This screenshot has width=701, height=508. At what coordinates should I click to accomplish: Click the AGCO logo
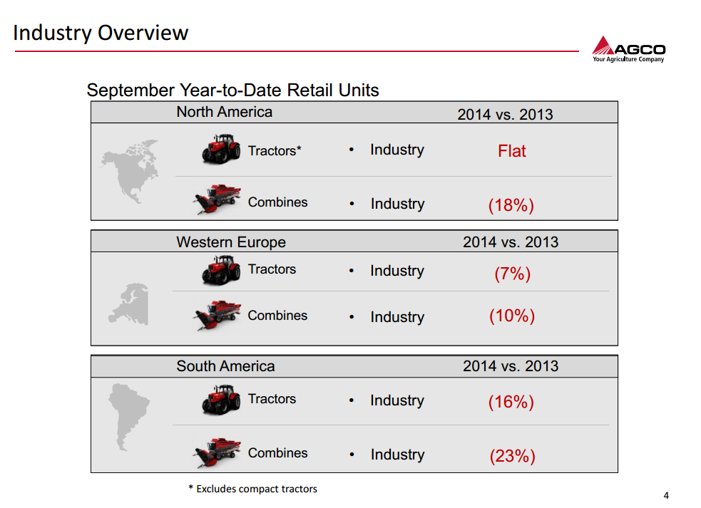point(628,49)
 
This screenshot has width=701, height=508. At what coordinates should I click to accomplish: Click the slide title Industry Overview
point(101,33)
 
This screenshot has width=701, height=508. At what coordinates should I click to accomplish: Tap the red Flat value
point(511,151)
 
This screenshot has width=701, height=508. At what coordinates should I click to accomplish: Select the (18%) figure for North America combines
point(511,205)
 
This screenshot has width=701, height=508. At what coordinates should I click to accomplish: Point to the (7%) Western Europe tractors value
point(512,274)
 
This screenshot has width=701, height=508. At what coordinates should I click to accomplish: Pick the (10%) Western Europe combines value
point(511,316)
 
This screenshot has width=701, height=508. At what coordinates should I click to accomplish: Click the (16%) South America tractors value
point(511,402)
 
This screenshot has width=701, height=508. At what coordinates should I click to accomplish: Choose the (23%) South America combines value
point(511,456)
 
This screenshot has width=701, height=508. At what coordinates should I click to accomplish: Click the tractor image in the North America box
point(221,150)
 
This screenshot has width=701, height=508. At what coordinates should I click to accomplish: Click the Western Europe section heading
point(231,242)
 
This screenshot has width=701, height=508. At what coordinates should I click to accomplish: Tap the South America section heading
point(225,366)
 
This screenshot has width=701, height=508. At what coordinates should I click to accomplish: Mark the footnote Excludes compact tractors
point(253,489)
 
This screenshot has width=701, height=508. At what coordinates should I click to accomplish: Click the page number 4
point(666,496)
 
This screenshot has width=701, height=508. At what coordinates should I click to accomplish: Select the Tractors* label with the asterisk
point(275,151)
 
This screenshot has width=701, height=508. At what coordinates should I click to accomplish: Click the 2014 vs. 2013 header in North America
point(505,114)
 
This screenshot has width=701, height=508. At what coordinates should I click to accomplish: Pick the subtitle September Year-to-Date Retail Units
point(232,90)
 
